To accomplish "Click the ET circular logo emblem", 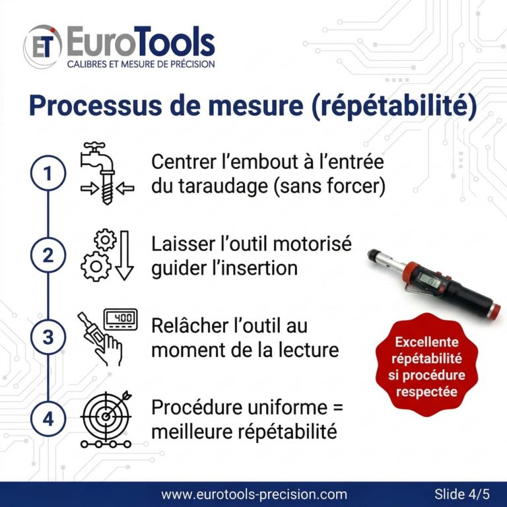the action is (43, 46).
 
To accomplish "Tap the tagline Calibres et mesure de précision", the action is (141, 64).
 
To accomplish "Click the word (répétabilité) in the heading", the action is (394, 106).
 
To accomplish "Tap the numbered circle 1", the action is (48, 173).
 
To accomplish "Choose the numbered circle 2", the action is (48, 255).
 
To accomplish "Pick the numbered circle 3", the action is (48, 337).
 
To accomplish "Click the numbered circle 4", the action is (48, 419).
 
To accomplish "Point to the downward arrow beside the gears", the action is (125, 255).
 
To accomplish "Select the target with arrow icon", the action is (106, 419).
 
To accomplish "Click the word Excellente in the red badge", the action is (427, 342).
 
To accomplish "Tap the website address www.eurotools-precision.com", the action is (254, 494).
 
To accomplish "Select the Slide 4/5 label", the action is (462, 494).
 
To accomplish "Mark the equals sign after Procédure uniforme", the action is (337, 407).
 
